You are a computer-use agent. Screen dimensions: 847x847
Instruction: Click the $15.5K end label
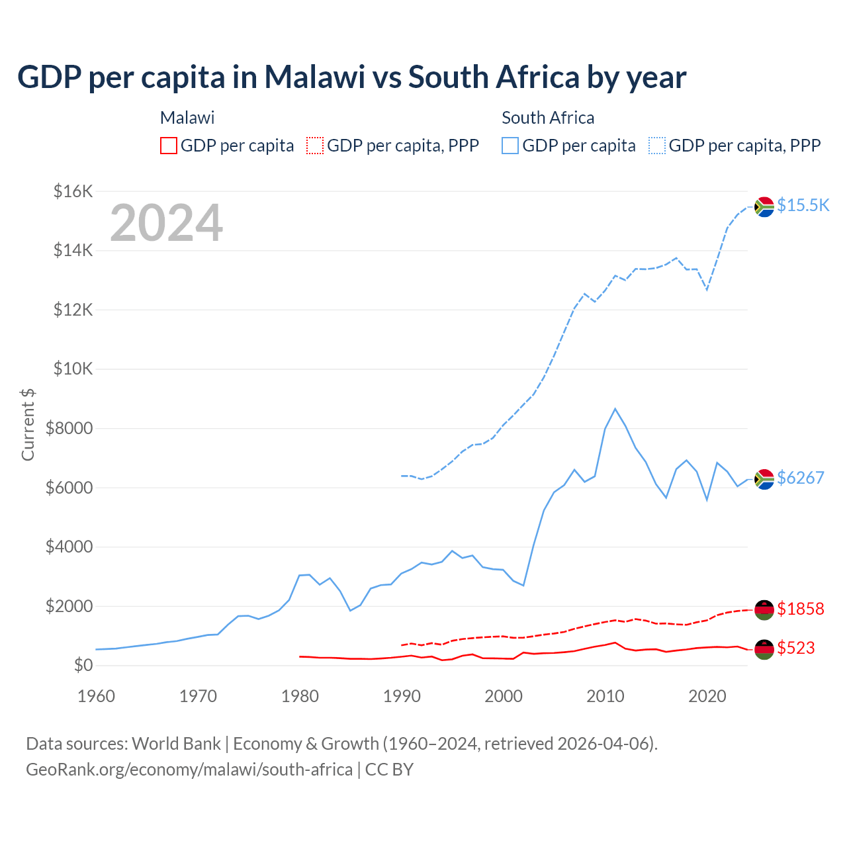coord(803,205)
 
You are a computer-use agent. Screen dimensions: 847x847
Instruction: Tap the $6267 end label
coord(800,478)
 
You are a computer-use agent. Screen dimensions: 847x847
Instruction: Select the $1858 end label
coord(800,608)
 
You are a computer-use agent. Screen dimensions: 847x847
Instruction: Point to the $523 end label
coord(795,648)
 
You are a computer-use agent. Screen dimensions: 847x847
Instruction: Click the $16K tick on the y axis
coord(73,192)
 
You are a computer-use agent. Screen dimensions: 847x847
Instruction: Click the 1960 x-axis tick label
coord(96,696)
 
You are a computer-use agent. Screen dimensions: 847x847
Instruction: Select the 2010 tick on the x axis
coord(605,696)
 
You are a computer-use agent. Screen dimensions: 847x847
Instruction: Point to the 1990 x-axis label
coord(402,696)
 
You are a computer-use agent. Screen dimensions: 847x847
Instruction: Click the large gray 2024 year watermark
coord(166,223)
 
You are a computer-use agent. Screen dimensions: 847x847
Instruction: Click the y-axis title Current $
coord(28,425)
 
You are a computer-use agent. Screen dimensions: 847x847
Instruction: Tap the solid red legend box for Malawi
coord(169,146)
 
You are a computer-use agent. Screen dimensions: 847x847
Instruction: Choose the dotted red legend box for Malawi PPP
coord(315,146)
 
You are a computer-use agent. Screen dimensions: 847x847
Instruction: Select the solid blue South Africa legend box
coord(510,146)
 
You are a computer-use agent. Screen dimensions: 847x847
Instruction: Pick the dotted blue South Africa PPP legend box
coord(657,146)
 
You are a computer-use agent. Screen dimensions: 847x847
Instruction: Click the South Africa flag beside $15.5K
coord(764,206)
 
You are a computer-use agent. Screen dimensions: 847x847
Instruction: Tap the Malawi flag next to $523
coord(764,648)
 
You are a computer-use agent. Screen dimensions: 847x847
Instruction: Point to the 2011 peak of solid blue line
coord(615,409)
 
